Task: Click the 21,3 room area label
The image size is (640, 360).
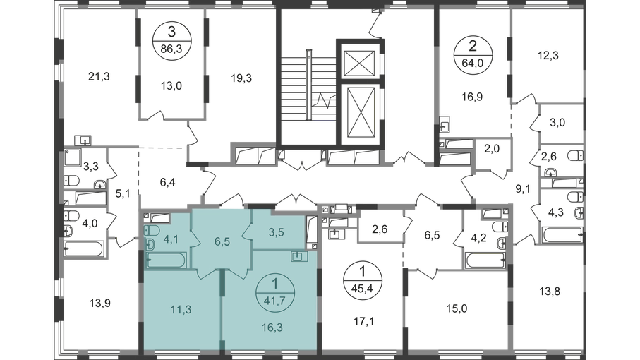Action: point(99,76)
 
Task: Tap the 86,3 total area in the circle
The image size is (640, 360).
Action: point(171,49)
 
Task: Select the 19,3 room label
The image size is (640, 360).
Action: point(241,78)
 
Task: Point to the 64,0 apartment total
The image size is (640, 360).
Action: point(473,64)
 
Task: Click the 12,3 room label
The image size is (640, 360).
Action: point(548,56)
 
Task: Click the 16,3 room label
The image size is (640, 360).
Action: point(272,328)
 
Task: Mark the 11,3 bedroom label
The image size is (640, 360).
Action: point(181,309)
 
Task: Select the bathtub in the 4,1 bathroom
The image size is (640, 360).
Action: point(166,260)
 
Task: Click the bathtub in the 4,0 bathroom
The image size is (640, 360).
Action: point(85,248)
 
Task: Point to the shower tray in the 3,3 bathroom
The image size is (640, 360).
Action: point(73,158)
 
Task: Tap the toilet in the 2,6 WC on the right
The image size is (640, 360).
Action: point(576,155)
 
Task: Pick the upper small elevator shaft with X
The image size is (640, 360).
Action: point(359,64)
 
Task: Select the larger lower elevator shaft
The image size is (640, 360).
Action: point(361,113)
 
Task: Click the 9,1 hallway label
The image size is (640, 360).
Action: point(523,188)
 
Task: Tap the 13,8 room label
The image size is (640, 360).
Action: point(550,292)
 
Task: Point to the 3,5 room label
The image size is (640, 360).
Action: point(277,232)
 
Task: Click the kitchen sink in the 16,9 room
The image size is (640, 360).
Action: point(445,124)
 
